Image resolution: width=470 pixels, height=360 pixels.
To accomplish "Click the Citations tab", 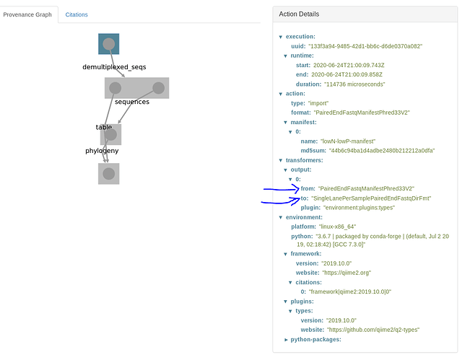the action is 77,14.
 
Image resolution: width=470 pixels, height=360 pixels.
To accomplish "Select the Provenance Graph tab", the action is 27,14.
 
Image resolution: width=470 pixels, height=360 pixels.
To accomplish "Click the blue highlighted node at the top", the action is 109,44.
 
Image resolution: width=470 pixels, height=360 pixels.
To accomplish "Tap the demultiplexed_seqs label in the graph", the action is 114,67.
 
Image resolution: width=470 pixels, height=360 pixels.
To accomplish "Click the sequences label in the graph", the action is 132,102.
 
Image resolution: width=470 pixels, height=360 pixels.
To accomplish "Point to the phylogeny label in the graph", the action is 102,151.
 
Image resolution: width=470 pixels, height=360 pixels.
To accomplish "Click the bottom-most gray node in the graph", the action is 109,174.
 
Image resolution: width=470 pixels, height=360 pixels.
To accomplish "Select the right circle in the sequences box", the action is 159,88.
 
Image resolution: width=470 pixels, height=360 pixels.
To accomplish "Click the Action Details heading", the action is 299,14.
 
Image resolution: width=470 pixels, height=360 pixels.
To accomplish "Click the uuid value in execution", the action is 365,46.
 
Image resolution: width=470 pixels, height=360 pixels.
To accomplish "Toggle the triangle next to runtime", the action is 285,56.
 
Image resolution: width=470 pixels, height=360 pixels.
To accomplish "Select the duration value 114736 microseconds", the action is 354,84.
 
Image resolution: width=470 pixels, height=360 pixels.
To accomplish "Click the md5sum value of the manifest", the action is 382,151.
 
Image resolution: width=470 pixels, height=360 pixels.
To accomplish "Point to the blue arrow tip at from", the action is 299,189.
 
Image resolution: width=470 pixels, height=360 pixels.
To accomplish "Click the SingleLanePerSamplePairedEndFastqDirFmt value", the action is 371,198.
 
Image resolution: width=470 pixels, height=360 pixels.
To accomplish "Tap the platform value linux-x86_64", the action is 337,227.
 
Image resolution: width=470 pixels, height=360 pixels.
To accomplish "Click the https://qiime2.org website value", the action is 347,273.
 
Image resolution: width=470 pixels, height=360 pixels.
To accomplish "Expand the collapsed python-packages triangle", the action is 286,340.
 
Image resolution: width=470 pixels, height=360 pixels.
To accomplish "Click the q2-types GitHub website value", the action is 373,330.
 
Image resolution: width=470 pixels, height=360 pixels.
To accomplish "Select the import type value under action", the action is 318,103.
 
